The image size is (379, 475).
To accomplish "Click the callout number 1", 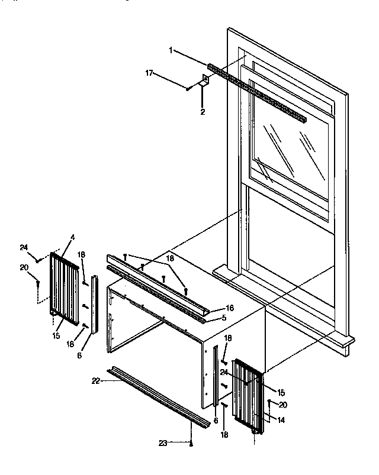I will click(x=171, y=51).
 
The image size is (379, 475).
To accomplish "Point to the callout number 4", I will click(x=73, y=237).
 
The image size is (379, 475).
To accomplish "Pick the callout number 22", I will click(x=96, y=382).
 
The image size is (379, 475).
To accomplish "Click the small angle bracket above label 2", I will click(x=205, y=82).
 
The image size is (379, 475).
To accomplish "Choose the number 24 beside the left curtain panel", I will click(x=24, y=247).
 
